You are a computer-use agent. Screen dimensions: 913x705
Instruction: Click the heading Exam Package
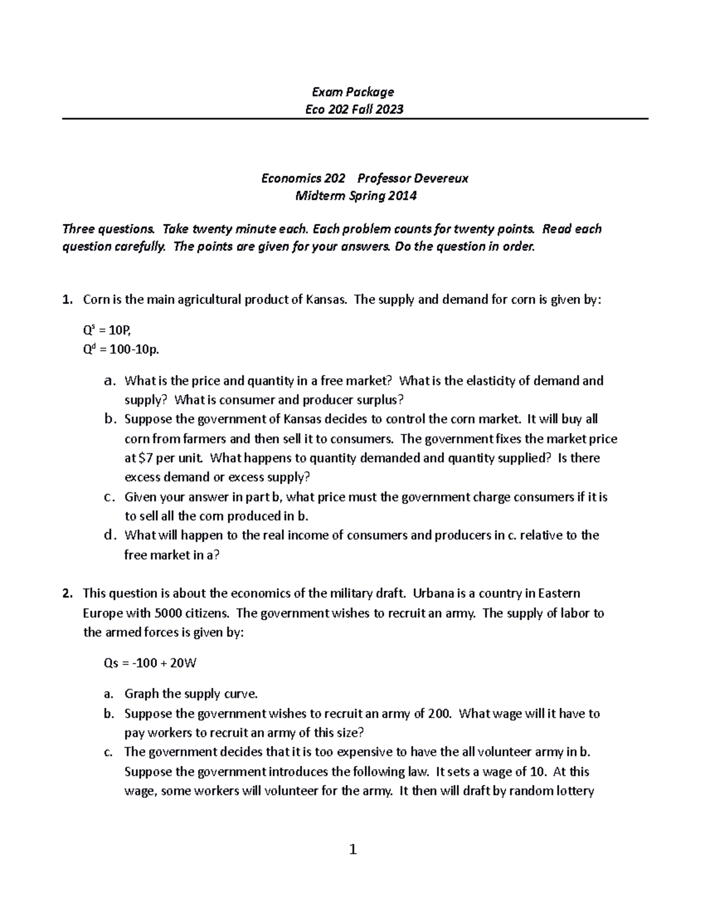(352, 92)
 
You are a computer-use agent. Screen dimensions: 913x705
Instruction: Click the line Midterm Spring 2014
(355, 196)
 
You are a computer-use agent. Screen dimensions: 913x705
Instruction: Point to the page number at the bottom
(352, 849)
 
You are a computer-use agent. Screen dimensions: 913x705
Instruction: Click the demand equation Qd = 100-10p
(121, 350)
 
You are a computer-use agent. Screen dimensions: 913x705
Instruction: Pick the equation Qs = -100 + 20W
(150, 663)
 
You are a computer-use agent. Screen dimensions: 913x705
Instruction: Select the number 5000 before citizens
(167, 613)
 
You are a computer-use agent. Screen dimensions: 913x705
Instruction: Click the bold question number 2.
(66, 593)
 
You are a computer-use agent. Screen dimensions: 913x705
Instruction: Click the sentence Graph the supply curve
(191, 694)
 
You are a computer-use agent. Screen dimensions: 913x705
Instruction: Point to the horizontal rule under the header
(355, 119)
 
